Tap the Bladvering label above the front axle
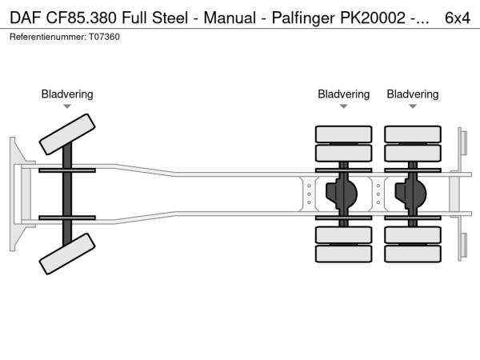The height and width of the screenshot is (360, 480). [x=67, y=94]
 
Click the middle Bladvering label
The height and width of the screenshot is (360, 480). [x=343, y=94]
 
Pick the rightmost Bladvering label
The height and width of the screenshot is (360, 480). [x=413, y=94]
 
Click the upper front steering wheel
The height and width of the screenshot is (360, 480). [x=68, y=133]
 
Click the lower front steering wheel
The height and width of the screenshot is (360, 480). [x=68, y=257]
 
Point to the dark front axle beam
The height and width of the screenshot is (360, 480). [x=68, y=194]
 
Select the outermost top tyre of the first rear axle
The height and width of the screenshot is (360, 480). [x=343, y=134]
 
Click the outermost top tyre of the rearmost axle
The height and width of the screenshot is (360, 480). [x=413, y=134]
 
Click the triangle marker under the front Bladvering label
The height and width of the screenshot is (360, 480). [x=67, y=106]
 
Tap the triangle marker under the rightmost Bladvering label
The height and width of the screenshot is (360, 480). [x=413, y=106]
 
